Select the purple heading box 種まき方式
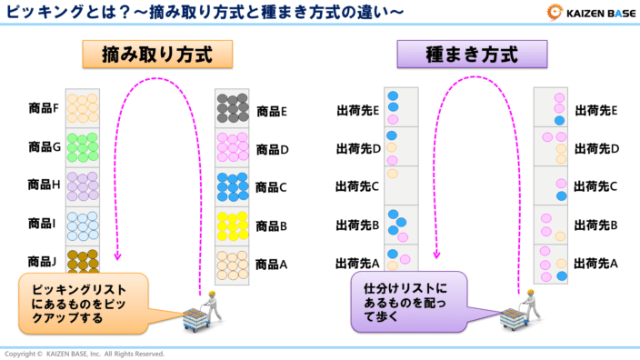(473, 55)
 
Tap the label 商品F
(44, 108)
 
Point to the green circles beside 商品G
(83, 145)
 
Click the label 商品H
(44, 185)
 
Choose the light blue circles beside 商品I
(83, 224)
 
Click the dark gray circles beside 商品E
(233, 109)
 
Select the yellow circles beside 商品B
(233, 224)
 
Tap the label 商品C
(272, 187)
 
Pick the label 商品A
(272, 265)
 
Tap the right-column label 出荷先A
(596, 264)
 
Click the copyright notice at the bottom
(85, 353)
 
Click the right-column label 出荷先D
(596, 148)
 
